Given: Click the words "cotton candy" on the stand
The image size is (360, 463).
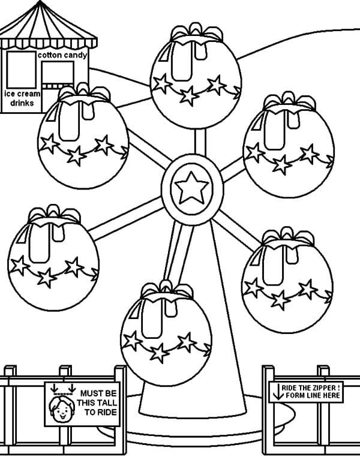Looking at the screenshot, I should click(x=62, y=55).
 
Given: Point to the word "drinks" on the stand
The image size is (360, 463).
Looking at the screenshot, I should click(x=22, y=103).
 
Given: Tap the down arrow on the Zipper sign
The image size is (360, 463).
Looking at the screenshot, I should click(x=278, y=392).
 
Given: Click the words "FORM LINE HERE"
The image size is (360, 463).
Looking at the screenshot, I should click(x=311, y=395).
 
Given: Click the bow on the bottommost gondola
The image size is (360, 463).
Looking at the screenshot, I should click(x=166, y=290).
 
